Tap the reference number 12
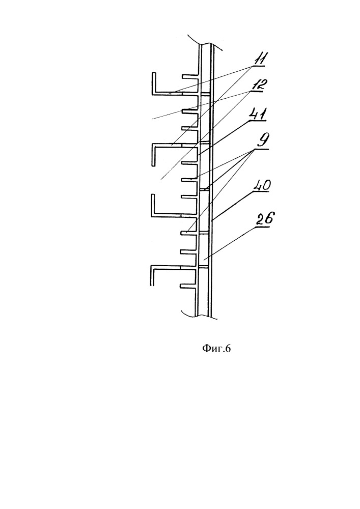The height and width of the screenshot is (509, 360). [x=259, y=84]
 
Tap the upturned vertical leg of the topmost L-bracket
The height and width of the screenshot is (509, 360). [x=154, y=82]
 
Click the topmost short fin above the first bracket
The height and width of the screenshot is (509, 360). [x=189, y=77]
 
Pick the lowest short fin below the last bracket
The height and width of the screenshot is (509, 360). [x=188, y=286]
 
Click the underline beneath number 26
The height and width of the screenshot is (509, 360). [x=263, y=228]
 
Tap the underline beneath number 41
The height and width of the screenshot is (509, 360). [x=258, y=121]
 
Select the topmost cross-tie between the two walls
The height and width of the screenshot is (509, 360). [x=205, y=94]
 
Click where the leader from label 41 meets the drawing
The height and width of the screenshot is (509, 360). [x=199, y=154]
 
